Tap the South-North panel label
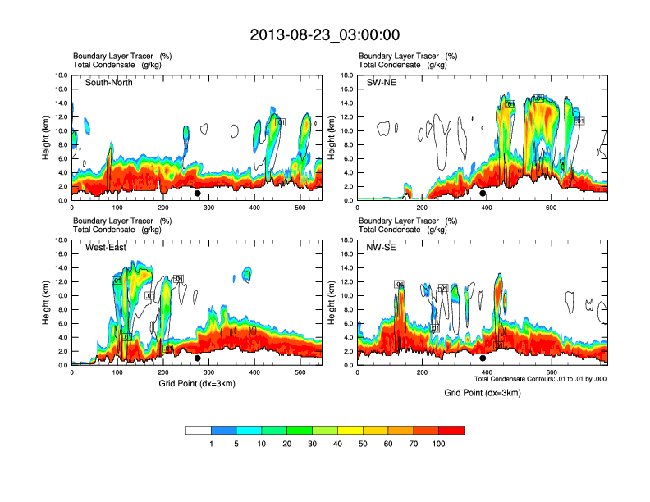[109, 83]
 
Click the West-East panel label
[105, 248]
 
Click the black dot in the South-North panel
[198, 194]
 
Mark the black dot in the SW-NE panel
[483, 194]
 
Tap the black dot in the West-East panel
[198, 358]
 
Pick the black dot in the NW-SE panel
[483, 358]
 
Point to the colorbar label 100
[439, 444]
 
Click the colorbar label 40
[338, 444]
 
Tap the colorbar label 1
[212, 444]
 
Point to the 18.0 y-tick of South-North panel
[61, 75]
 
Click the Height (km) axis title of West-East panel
[48, 303]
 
